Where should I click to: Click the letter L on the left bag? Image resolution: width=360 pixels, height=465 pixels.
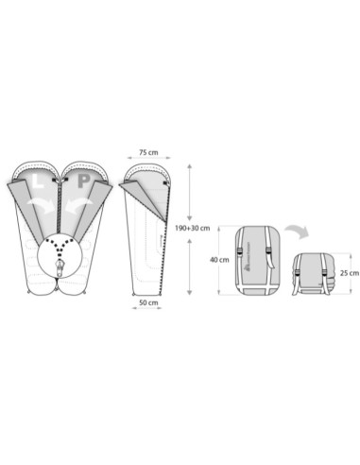pos(39,181)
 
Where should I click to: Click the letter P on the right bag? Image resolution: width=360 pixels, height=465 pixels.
pos(84,181)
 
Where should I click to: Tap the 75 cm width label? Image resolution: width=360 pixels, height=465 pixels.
pos(148,152)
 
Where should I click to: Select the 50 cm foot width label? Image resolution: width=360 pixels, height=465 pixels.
pos(148,302)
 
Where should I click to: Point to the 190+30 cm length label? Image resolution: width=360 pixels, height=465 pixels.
pos(193,228)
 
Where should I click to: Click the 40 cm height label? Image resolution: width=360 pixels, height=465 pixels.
pos(219,260)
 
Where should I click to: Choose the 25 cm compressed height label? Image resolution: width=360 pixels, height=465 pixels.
pos(350,273)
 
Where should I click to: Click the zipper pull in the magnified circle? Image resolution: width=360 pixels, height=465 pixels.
pos(59,267)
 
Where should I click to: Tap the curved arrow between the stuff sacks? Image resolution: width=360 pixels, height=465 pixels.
pos(298,231)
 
